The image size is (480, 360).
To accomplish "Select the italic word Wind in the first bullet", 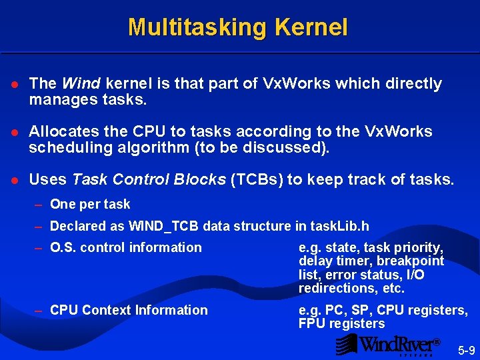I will (x=81, y=83).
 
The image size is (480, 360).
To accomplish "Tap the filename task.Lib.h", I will (x=336, y=226).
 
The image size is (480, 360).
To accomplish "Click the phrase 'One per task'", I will (x=90, y=204).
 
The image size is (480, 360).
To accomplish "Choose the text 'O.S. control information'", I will (x=125, y=247).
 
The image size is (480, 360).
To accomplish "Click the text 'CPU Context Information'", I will (x=129, y=310).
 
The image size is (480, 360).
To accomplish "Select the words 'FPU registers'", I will (x=342, y=324).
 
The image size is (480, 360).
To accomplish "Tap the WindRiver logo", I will (x=388, y=344).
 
